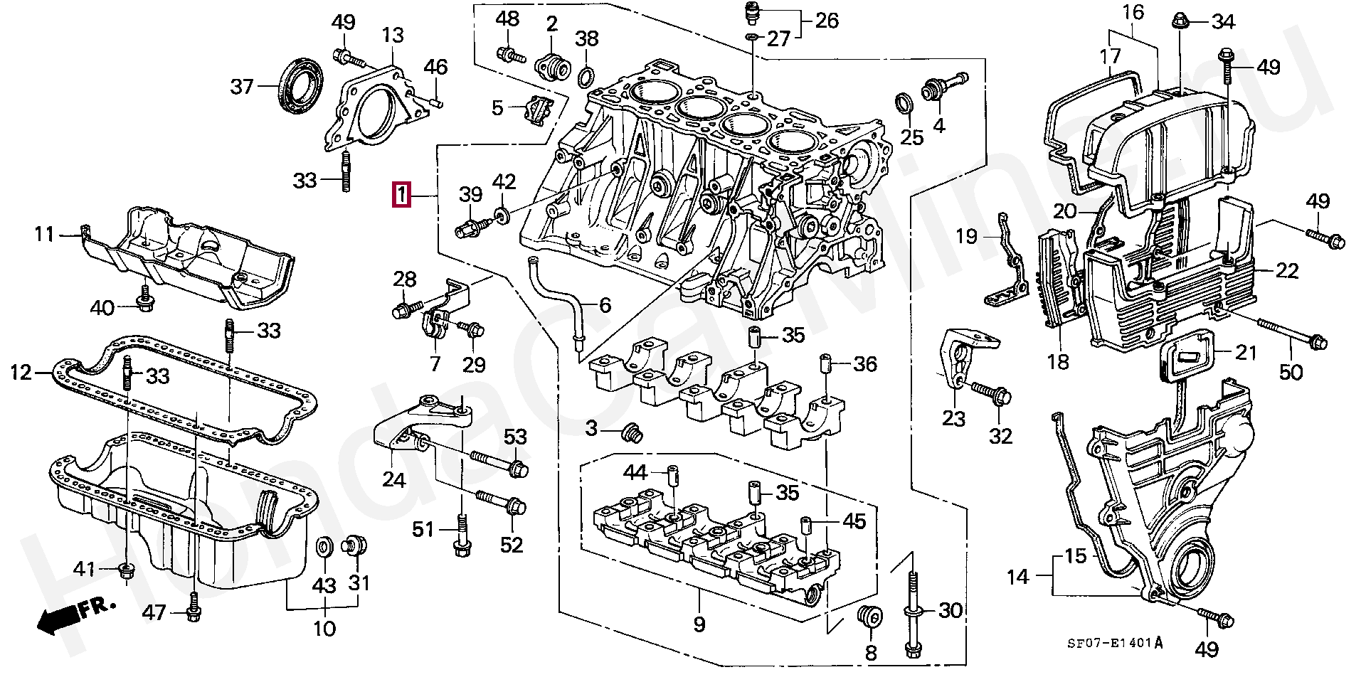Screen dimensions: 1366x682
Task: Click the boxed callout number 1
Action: coord(402,194)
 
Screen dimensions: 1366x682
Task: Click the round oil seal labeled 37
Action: coord(299,86)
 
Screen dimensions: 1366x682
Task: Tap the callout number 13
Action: coord(392,35)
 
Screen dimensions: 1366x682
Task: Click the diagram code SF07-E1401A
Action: coord(1115,643)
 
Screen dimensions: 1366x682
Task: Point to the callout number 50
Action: coord(1291,371)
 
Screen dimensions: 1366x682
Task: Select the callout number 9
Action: coord(699,624)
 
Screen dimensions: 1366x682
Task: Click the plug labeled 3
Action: coord(630,432)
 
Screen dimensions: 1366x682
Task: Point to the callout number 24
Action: coord(393,480)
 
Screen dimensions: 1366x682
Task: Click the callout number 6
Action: coord(604,305)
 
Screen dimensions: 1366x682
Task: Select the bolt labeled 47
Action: coord(193,610)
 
